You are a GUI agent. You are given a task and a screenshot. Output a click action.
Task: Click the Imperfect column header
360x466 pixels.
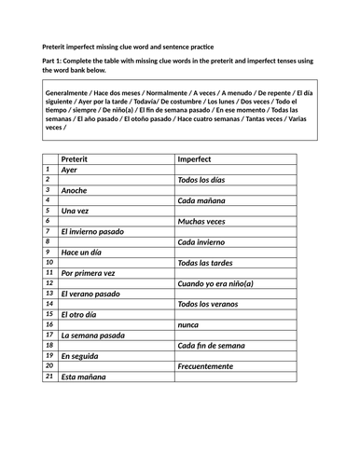(x=197, y=159)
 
